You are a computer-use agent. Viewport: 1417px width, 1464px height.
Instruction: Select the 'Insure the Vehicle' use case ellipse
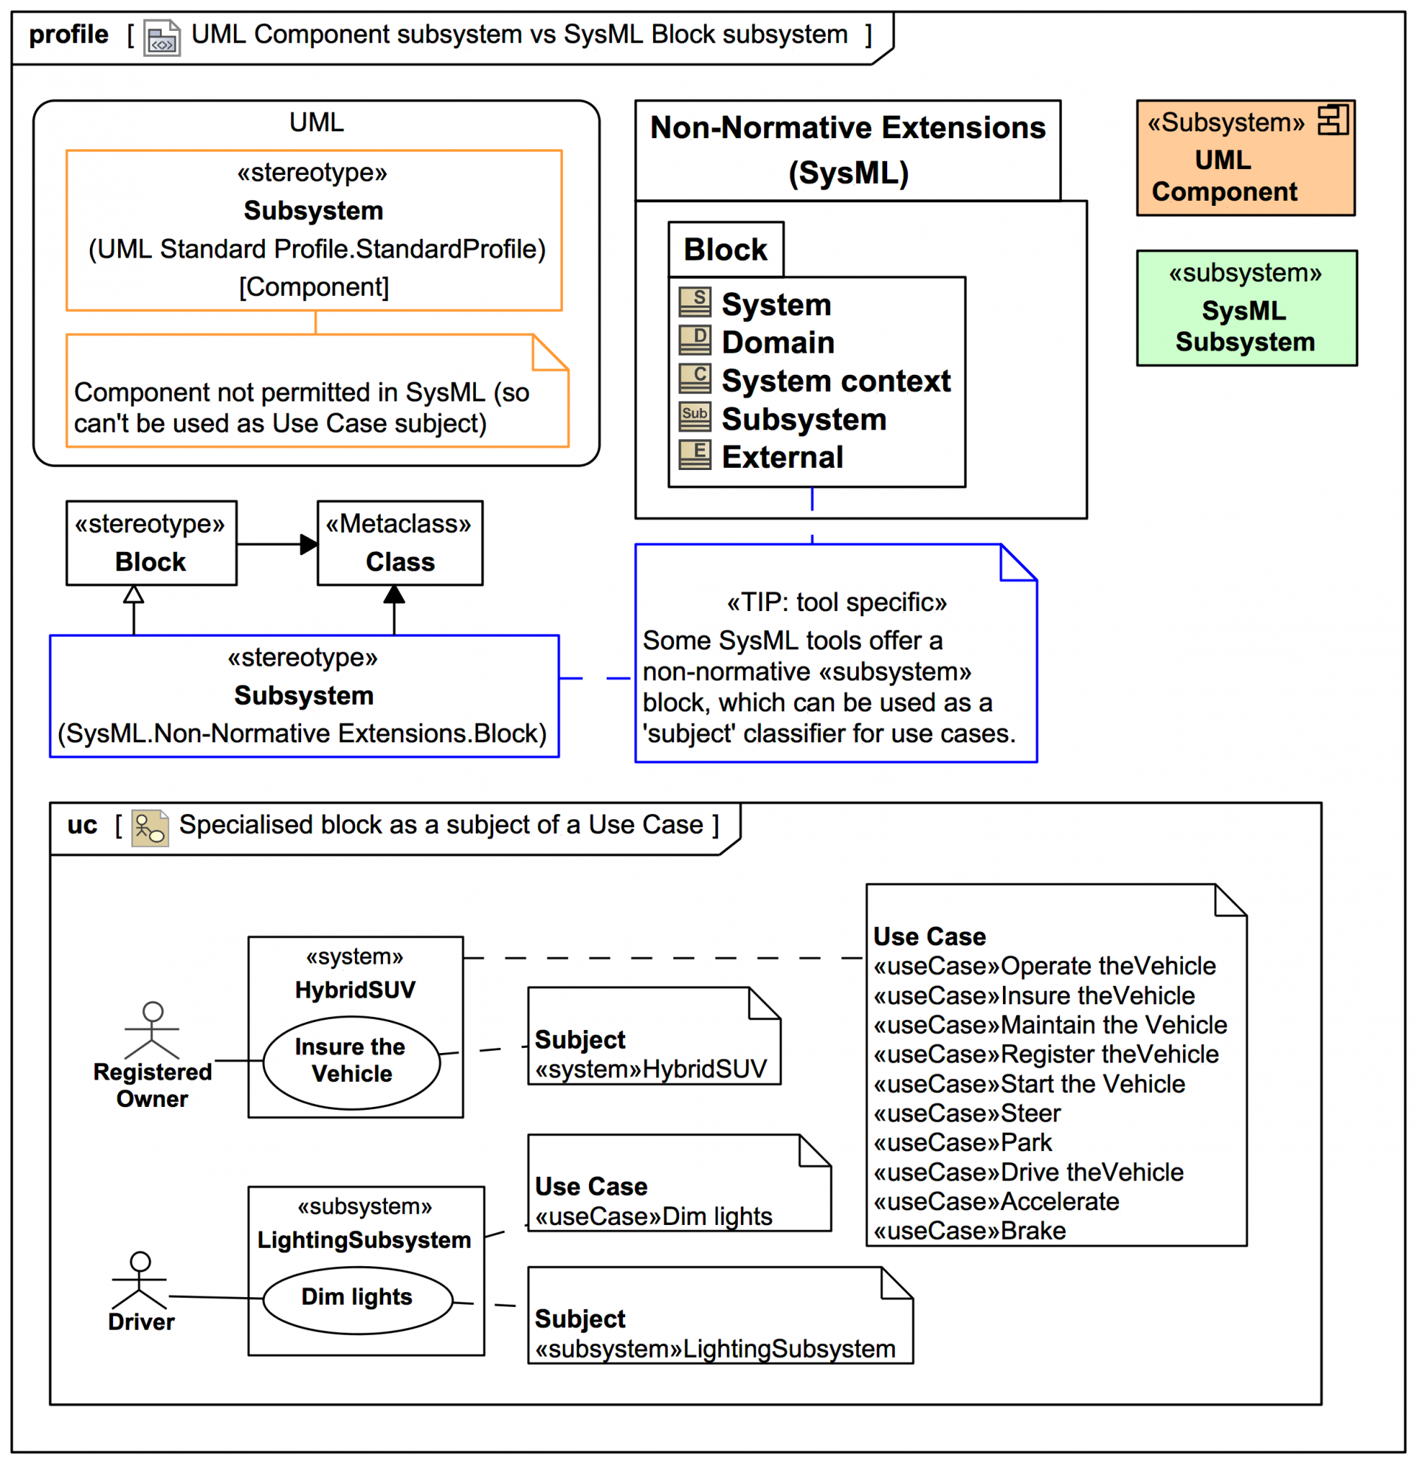[351, 1061]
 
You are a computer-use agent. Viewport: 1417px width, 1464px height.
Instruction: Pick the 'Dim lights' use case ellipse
[357, 1298]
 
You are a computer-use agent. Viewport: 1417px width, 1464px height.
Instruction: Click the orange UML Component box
[1244, 159]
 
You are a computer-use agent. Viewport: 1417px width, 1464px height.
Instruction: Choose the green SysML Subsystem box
[1245, 308]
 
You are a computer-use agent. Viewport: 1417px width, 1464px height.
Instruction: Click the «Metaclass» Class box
[399, 543]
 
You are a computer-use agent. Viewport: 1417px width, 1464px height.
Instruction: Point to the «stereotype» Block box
[151, 543]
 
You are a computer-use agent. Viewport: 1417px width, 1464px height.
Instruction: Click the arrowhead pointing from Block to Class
[308, 544]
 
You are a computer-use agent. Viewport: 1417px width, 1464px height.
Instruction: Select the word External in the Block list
[782, 457]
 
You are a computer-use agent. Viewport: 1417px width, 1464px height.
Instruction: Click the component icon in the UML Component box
[1332, 120]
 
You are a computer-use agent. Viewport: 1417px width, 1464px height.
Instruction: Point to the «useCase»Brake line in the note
[970, 1231]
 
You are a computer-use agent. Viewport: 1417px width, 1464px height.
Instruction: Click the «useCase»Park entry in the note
[962, 1143]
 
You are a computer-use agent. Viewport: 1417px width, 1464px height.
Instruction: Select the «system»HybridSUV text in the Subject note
[651, 1070]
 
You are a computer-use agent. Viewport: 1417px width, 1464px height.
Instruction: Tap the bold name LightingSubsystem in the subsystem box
[364, 1240]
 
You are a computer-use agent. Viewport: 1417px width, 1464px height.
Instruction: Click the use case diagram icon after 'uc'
[149, 829]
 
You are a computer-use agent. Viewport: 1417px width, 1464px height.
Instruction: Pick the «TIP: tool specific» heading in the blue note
[837, 602]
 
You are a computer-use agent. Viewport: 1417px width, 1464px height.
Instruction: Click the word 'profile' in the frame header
[69, 35]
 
